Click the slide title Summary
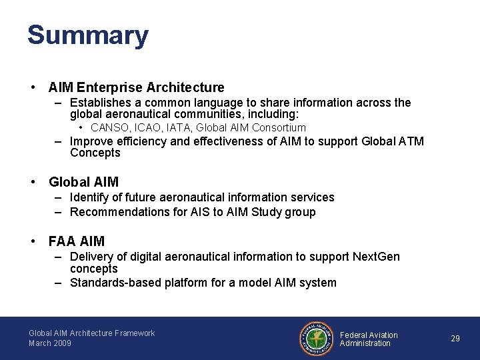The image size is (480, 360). point(87,35)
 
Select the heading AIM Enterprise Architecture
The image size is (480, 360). point(136,87)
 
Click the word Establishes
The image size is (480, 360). point(102,103)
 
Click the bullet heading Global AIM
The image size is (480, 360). point(83,182)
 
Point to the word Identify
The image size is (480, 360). point(90,197)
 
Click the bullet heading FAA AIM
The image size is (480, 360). point(76,241)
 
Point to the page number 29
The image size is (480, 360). point(455,339)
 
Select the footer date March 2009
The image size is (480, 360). point(50,343)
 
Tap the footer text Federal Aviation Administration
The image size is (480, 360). point(369,339)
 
